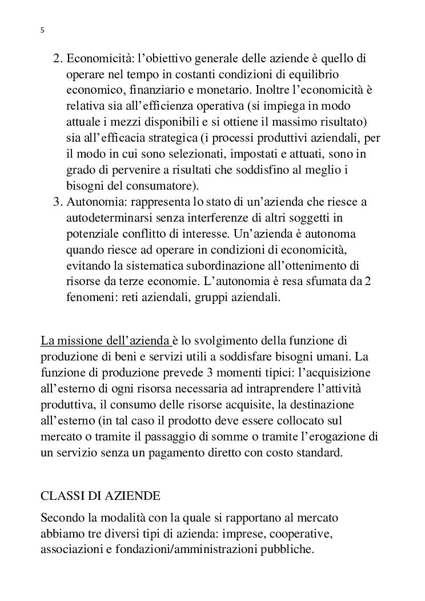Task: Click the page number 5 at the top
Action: point(43,30)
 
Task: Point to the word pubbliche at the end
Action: point(293,550)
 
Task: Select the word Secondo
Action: point(61,518)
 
